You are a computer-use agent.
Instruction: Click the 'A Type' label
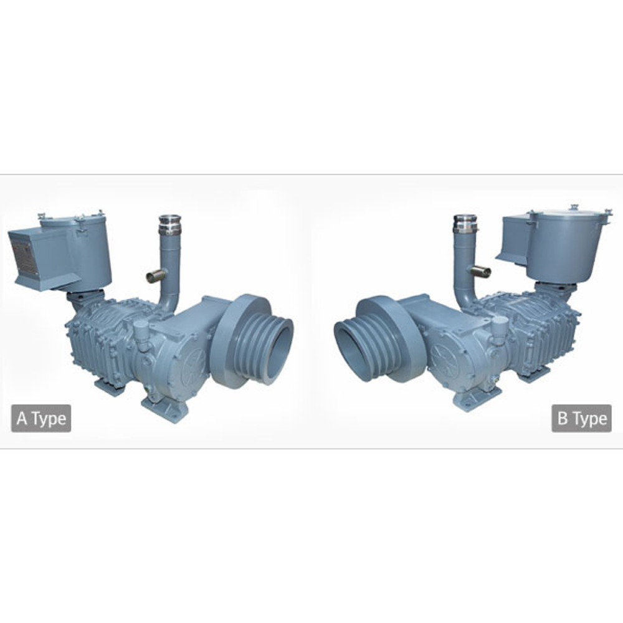(x=41, y=418)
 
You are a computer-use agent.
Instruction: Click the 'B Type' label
(x=581, y=418)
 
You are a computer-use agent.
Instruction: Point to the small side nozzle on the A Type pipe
(x=154, y=276)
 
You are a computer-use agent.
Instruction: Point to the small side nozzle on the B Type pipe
(x=480, y=271)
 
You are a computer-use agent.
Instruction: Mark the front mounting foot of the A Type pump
(x=164, y=408)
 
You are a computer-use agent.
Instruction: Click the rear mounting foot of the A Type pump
(x=108, y=386)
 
